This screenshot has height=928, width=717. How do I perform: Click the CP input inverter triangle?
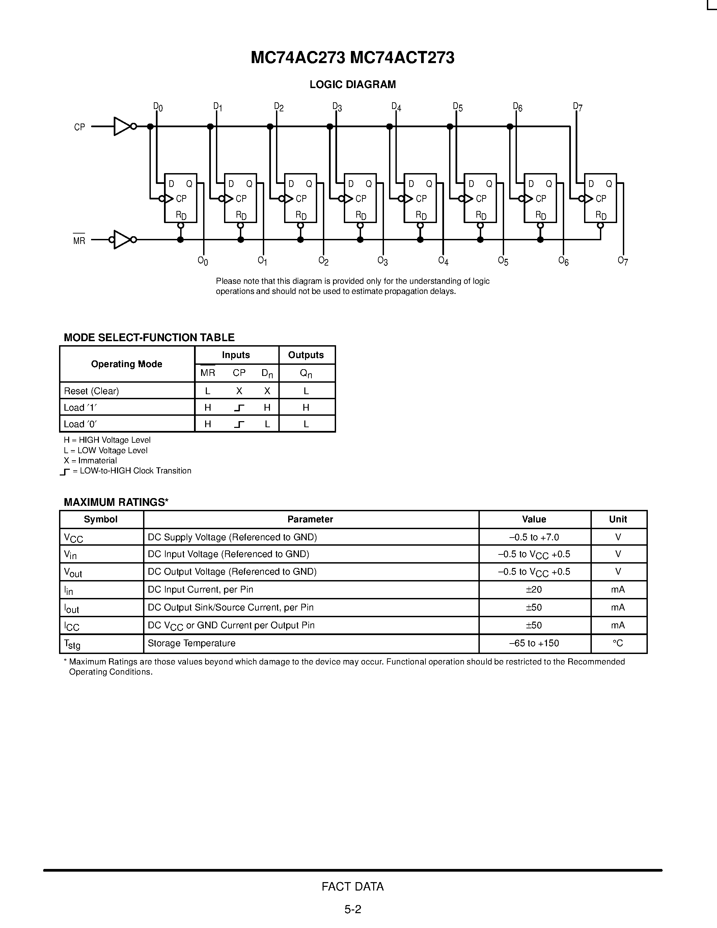(122, 127)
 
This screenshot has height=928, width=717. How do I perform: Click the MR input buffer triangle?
(122, 240)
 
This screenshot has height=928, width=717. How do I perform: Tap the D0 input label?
(158, 107)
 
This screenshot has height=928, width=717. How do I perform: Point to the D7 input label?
(578, 107)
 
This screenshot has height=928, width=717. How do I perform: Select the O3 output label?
(383, 261)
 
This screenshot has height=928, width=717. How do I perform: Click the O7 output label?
(623, 261)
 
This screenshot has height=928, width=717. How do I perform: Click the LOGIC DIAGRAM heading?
(353, 85)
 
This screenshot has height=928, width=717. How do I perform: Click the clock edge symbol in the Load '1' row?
(239, 408)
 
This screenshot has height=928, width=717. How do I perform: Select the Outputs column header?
(306, 355)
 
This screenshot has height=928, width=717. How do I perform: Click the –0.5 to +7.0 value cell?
(534, 537)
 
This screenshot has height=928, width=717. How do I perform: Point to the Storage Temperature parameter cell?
(192, 643)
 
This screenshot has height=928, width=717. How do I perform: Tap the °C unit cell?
(618, 643)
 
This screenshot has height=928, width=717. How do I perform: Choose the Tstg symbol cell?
(72, 644)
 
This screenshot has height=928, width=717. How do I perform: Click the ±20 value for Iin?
(534, 589)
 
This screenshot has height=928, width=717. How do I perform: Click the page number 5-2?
(353, 909)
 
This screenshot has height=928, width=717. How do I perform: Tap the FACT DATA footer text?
(353, 886)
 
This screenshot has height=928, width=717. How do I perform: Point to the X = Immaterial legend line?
(90, 461)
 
